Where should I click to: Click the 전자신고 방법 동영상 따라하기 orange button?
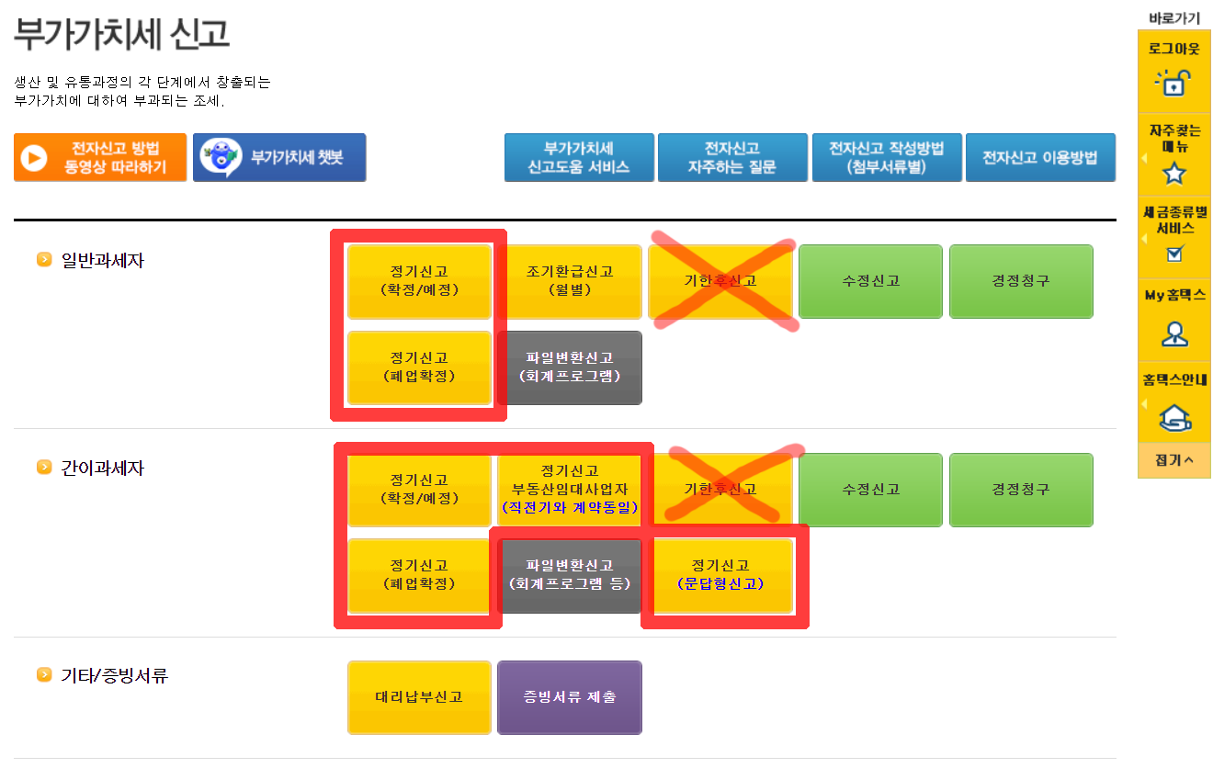pos(100,158)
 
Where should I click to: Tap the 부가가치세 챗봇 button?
pos(279,158)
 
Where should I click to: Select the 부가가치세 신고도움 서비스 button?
pos(579,158)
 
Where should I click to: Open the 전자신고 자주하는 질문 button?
pos(732,158)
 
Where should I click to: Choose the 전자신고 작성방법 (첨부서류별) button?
pos(886,158)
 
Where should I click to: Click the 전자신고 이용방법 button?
pos(1040,158)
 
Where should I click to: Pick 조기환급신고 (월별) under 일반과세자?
pos(570,281)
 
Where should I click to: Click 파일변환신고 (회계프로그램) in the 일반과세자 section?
pos(570,367)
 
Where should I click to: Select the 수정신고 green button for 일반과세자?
pos(870,281)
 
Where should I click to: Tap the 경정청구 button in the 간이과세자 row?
pos(1021,490)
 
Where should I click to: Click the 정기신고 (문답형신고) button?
pos(721,575)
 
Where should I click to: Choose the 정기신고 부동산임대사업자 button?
pos(570,489)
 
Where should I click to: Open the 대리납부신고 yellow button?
pos(420,697)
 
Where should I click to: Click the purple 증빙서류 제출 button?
pos(570,697)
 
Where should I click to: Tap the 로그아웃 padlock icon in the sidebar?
pos(1173,83)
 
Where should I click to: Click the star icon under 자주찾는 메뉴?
pos(1173,173)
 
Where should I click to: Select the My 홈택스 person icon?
pos(1173,333)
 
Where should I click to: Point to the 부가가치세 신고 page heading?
pos(121,34)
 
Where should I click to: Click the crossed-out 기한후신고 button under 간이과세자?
pos(721,490)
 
